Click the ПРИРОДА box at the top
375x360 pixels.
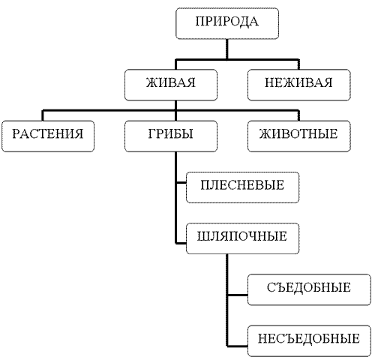point(227,23)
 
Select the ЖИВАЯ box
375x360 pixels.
point(171,85)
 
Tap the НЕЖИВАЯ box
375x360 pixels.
point(299,85)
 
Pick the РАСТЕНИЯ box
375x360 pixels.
point(48,136)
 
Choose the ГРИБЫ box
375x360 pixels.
point(171,136)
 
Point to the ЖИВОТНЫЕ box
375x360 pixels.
point(299,136)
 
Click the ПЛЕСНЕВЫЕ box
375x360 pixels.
point(242,187)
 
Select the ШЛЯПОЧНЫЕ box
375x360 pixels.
point(242,238)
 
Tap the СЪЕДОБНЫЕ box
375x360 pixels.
point(309,289)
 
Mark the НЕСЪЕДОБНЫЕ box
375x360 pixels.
point(309,341)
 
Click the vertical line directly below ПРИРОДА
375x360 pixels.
point(227,49)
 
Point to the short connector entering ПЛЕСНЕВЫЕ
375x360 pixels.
point(181,183)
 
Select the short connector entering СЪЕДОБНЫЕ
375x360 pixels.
point(238,295)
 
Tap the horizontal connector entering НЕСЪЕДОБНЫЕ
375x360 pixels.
point(238,346)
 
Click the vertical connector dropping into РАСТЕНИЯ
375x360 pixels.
point(43,115)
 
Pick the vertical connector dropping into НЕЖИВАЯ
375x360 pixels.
point(298,64)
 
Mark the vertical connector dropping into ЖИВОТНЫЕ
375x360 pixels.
point(298,115)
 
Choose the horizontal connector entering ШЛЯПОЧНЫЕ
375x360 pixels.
point(181,243)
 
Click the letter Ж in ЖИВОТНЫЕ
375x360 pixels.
point(265,133)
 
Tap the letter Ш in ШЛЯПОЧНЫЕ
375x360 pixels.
point(202,236)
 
